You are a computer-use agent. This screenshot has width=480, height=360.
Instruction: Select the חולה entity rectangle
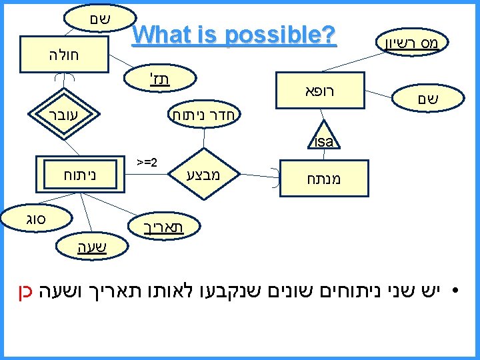(63, 54)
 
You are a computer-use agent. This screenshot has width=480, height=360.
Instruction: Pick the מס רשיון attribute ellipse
(410, 45)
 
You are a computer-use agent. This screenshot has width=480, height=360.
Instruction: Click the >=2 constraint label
(146, 162)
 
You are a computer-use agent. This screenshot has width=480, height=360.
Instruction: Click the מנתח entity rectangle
(323, 179)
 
